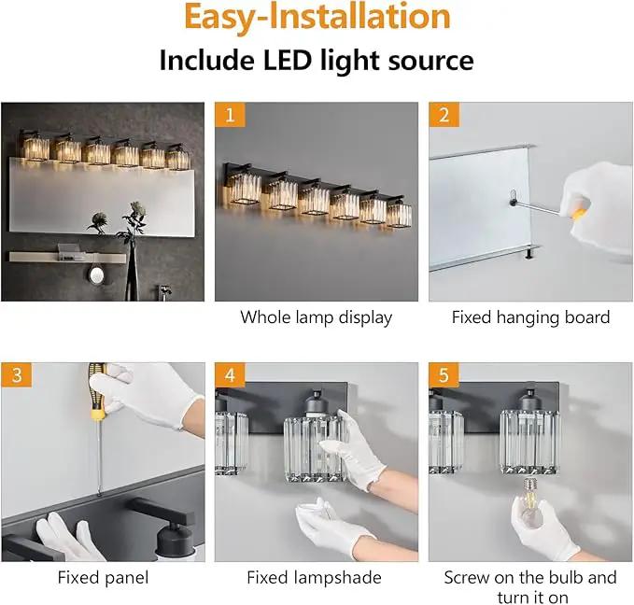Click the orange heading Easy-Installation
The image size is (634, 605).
point(317,17)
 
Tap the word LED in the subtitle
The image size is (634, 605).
point(288,61)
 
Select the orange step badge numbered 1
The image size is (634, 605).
point(230,115)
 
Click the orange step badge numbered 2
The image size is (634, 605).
point(444,115)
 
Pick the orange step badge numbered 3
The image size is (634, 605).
point(17,375)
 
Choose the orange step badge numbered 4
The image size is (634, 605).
point(230,375)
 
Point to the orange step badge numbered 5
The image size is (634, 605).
point(444,375)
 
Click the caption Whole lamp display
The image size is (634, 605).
point(317,317)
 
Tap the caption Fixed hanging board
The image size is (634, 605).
point(530,317)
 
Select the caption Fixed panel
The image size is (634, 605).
point(103,578)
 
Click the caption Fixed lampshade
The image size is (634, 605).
point(314,578)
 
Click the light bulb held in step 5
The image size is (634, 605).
point(529,503)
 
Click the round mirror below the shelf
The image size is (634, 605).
point(97,275)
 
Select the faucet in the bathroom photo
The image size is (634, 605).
point(163,292)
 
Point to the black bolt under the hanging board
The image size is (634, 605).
point(529,254)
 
